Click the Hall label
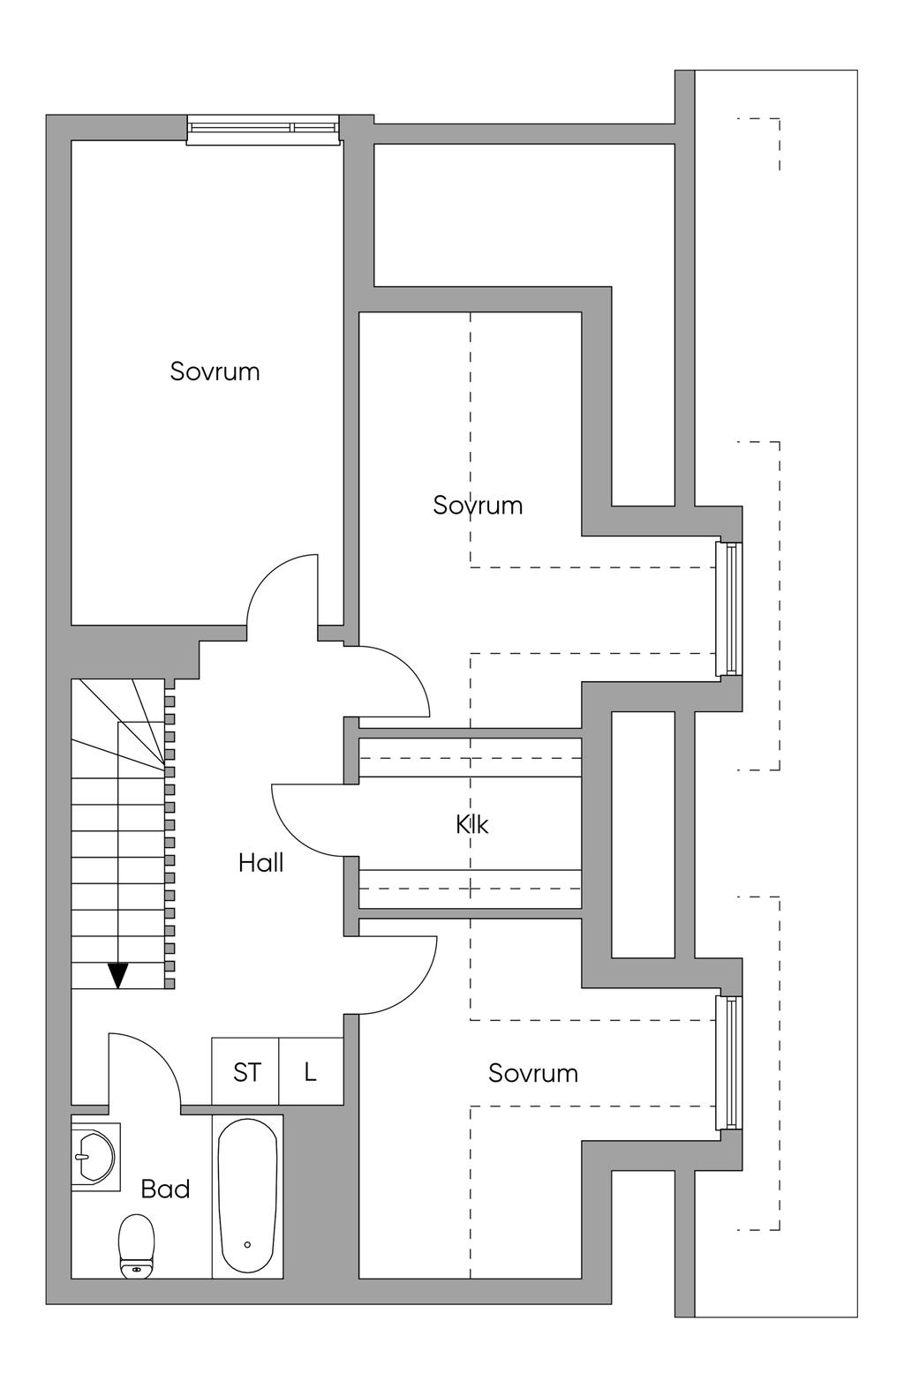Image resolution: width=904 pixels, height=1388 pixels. [x=260, y=862]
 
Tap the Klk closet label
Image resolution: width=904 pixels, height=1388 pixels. [x=471, y=824]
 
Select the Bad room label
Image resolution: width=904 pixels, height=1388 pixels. [x=165, y=1189]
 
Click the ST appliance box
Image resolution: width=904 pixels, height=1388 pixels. [x=246, y=1071]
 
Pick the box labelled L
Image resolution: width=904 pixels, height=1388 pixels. [x=311, y=1071]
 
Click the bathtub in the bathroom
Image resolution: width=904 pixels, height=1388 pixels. [x=248, y=1196]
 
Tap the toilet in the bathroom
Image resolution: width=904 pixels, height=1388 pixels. [x=136, y=1244]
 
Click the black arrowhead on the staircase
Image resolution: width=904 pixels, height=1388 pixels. [x=118, y=975]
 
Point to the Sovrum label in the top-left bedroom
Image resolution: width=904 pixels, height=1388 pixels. [x=215, y=371]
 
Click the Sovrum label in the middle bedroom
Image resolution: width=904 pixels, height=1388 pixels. [x=478, y=505]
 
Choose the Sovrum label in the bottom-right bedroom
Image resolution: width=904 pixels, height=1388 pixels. [x=533, y=1072]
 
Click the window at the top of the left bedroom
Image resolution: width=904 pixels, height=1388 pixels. [x=263, y=129]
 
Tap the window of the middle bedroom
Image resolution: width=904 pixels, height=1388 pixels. [x=730, y=609]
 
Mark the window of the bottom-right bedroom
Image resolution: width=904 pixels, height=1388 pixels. [x=729, y=1062]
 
